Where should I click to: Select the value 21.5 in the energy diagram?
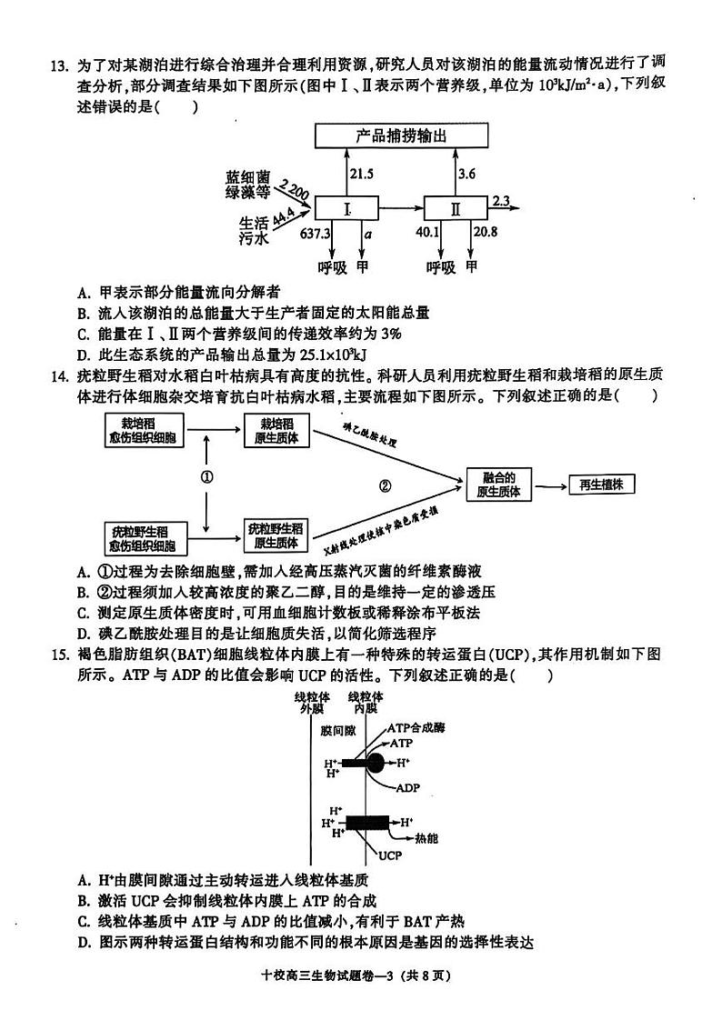[x=362, y=174]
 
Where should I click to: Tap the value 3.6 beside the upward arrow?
[x=466, y=174]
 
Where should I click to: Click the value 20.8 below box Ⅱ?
[x=485, y=233]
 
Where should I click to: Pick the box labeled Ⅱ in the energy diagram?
[x=456, y=208]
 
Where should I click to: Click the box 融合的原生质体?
[x=499, y=484]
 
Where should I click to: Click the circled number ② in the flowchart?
[x=385, y=486]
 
